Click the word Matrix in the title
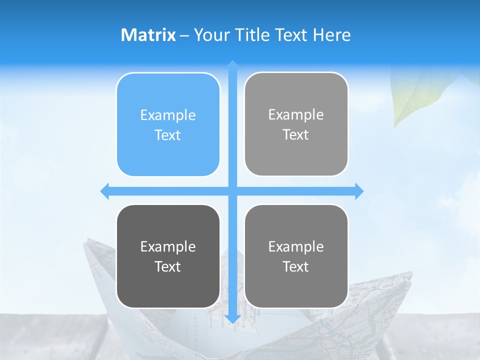click(x=148, y=35)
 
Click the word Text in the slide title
click(x=292, y=35)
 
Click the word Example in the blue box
click(x=168, y=115)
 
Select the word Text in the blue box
click(x=168, y=135)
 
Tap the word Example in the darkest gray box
click(x=168, y=246)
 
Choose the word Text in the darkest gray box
click(x=168, y=266)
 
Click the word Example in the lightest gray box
click(x=296, y=114)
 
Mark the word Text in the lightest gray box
click(x=296, y=134)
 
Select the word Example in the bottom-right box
click(x=296, y=246)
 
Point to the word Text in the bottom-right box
click(x=296, y=266)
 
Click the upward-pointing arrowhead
click(x=232, y=63)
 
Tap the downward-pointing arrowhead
click(x=232, y=318)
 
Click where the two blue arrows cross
click(x=232, y=191)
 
